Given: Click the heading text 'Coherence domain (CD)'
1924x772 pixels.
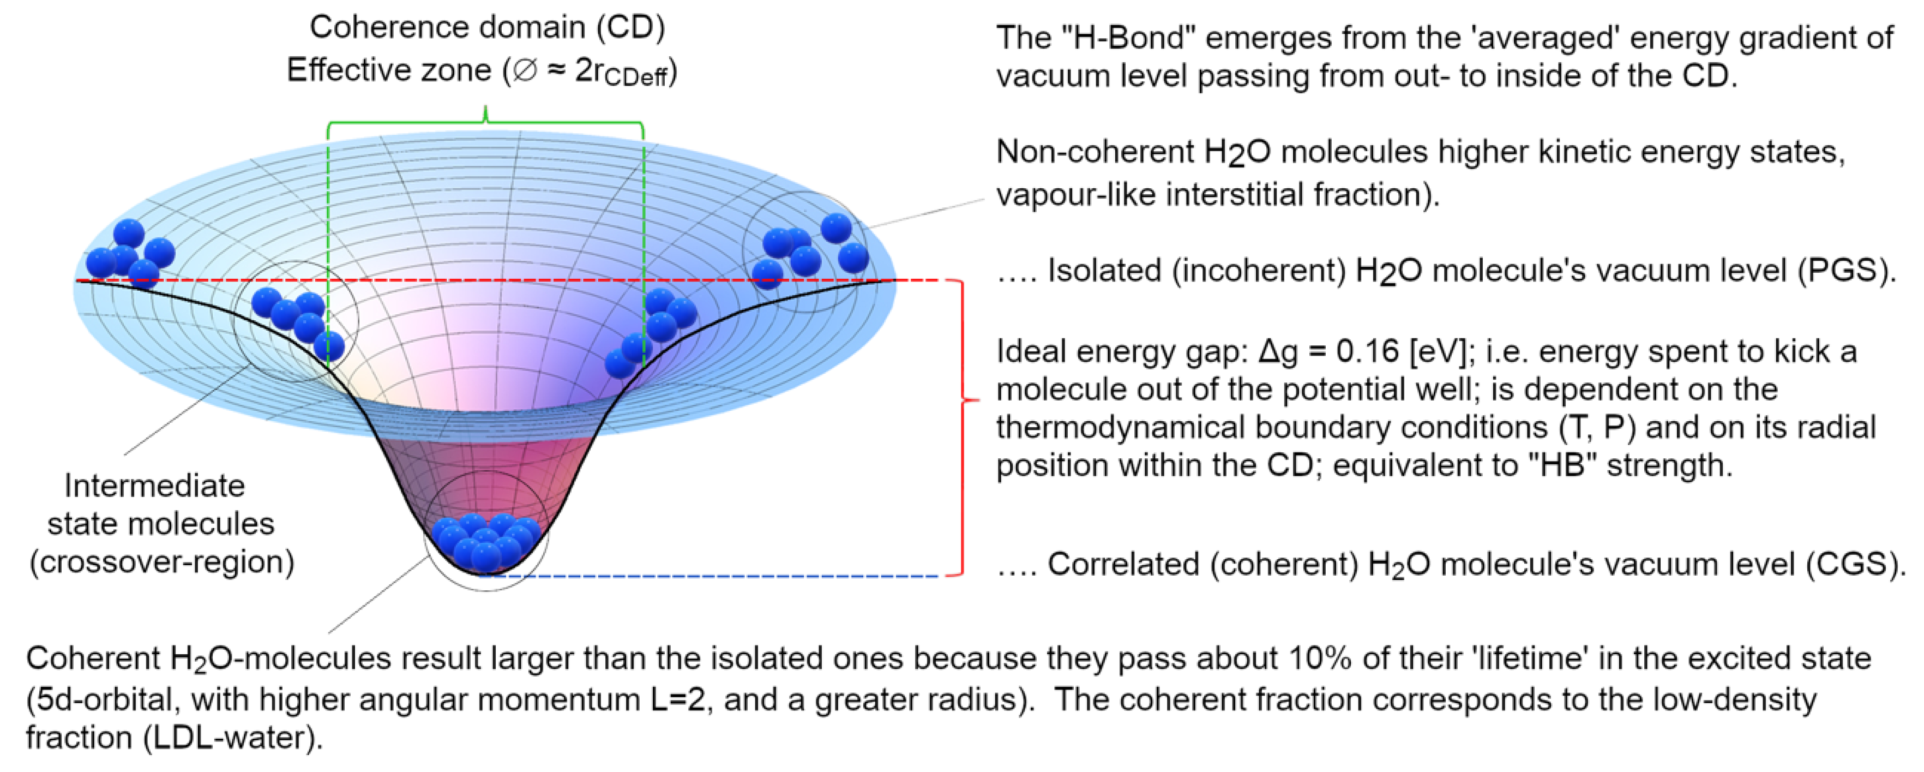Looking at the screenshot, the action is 487,28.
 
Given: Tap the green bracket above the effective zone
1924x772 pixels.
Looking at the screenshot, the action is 485,123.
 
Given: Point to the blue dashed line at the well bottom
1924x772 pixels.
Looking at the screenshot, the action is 710,576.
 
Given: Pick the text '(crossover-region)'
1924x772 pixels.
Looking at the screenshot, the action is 162,562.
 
